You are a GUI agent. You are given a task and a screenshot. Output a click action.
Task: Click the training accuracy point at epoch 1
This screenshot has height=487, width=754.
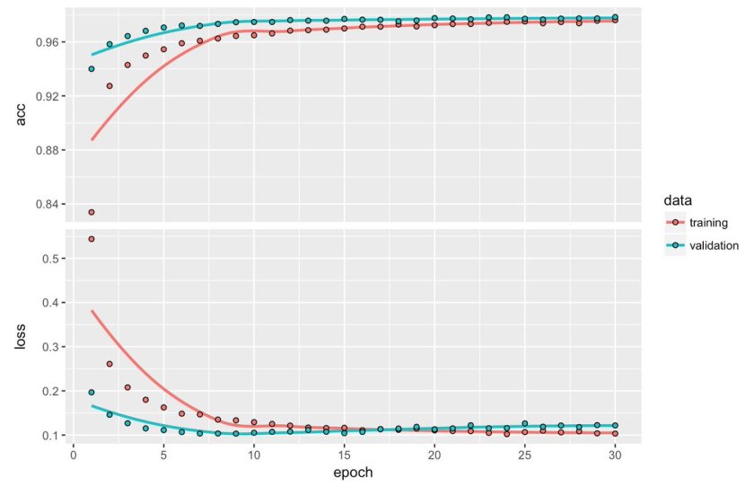click(92, 212)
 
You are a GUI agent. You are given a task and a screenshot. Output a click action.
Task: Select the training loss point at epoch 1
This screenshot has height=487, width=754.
click(92, 239)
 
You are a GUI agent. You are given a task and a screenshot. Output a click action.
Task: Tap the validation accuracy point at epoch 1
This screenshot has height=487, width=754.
click(92, 68)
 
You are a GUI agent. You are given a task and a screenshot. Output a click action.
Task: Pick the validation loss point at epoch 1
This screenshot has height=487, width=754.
click(92, 392)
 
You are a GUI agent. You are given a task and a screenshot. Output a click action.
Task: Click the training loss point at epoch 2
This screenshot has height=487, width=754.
click(110, 364)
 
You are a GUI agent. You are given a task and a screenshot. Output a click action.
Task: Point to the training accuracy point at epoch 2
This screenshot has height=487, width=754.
click(110, 86)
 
